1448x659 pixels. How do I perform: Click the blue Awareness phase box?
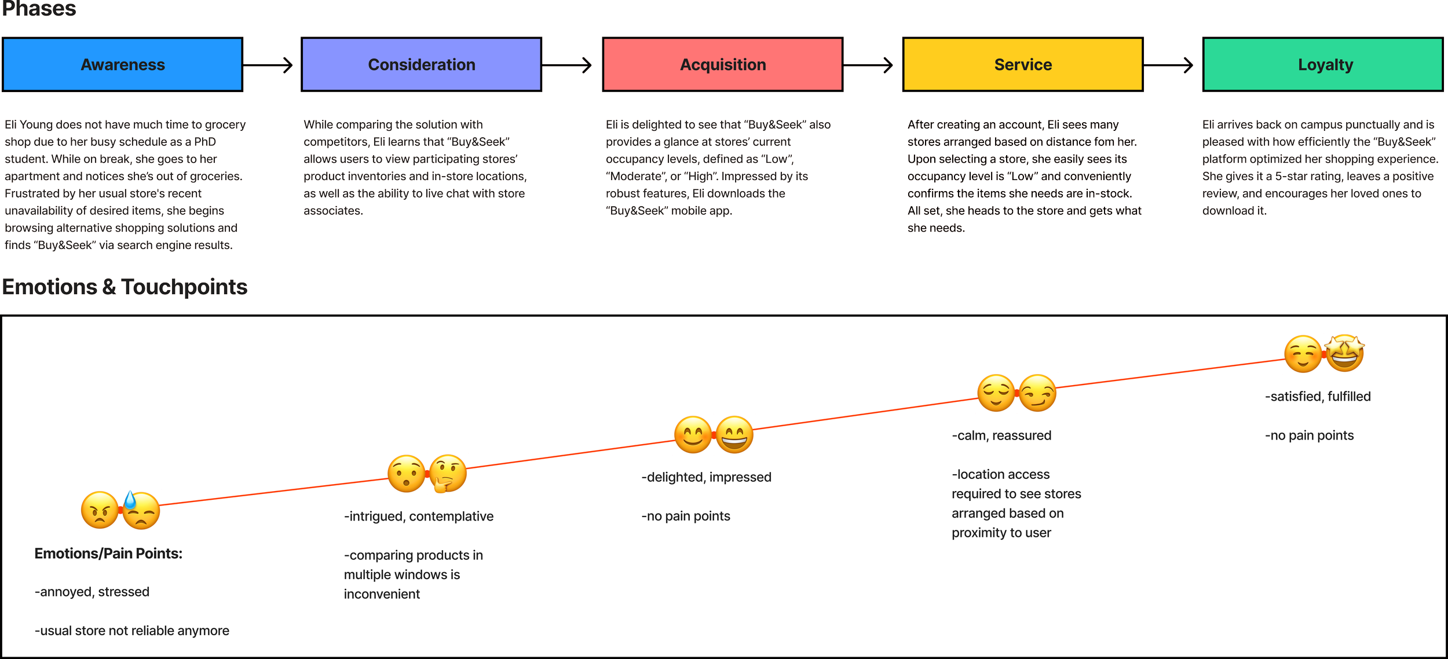coord(122,64)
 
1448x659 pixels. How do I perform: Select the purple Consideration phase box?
coord(421,64)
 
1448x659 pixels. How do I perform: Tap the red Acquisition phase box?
coord(722,64)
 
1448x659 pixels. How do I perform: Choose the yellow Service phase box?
coord(1022,64)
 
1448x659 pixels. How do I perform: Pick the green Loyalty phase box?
coord(1325,64)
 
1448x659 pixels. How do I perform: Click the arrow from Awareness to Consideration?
coord(270,65)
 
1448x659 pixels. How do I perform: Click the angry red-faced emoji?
coord(100,510)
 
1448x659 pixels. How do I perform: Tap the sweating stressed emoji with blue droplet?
coord(140,510)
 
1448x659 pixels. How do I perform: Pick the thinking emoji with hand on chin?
coord(448,474)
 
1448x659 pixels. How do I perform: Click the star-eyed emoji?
coord(1345,353)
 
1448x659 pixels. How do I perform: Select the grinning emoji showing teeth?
coord(734,434)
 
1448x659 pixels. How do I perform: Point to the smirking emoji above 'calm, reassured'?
coord(1037,393)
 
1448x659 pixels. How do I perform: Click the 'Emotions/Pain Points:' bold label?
coord(108,554)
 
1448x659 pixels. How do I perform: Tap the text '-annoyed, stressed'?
coord(92,592)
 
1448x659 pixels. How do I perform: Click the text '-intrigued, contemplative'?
coord(419,516)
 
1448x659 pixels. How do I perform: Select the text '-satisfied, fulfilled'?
coord(1318,397)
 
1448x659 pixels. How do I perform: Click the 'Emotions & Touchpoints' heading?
coord(125,287)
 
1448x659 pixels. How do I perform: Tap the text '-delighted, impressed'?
coord(707,477)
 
